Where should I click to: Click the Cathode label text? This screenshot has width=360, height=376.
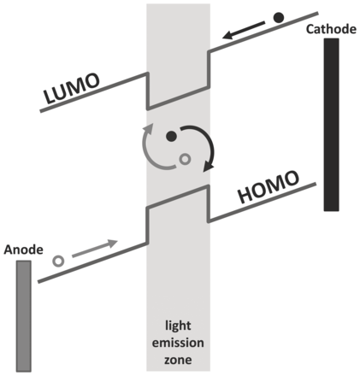(x=331, y=29)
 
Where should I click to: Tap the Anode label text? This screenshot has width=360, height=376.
(x=24, y=250)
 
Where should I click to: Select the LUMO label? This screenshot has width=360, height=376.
(x=72, y=89)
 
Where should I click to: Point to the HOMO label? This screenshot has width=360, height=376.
(x=269, y=187)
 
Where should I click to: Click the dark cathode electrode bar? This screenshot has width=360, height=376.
(x=331, y=125)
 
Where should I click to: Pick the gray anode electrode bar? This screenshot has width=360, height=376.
(x=24, y=316)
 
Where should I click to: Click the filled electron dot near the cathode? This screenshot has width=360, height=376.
(x=279, y=18)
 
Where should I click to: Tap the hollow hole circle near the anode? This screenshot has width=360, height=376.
(x=59, y=261)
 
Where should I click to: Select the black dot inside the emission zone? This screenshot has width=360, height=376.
(x=171, y=137)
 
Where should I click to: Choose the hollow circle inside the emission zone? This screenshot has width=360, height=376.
(x=186, y=159)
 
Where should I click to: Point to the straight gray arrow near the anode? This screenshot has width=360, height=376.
(x=95, y=249)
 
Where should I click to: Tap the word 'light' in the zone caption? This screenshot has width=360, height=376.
(x=178, y=326)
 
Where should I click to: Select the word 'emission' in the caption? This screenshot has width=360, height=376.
(x=178, y=343)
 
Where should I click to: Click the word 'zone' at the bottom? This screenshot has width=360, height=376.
(x=178, y=360)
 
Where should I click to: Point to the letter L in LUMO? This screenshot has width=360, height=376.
(x=50, y=96)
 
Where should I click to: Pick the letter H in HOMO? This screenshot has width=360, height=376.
(x=246, y=195)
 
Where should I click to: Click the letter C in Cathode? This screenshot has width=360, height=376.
(x=310, y=29)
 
